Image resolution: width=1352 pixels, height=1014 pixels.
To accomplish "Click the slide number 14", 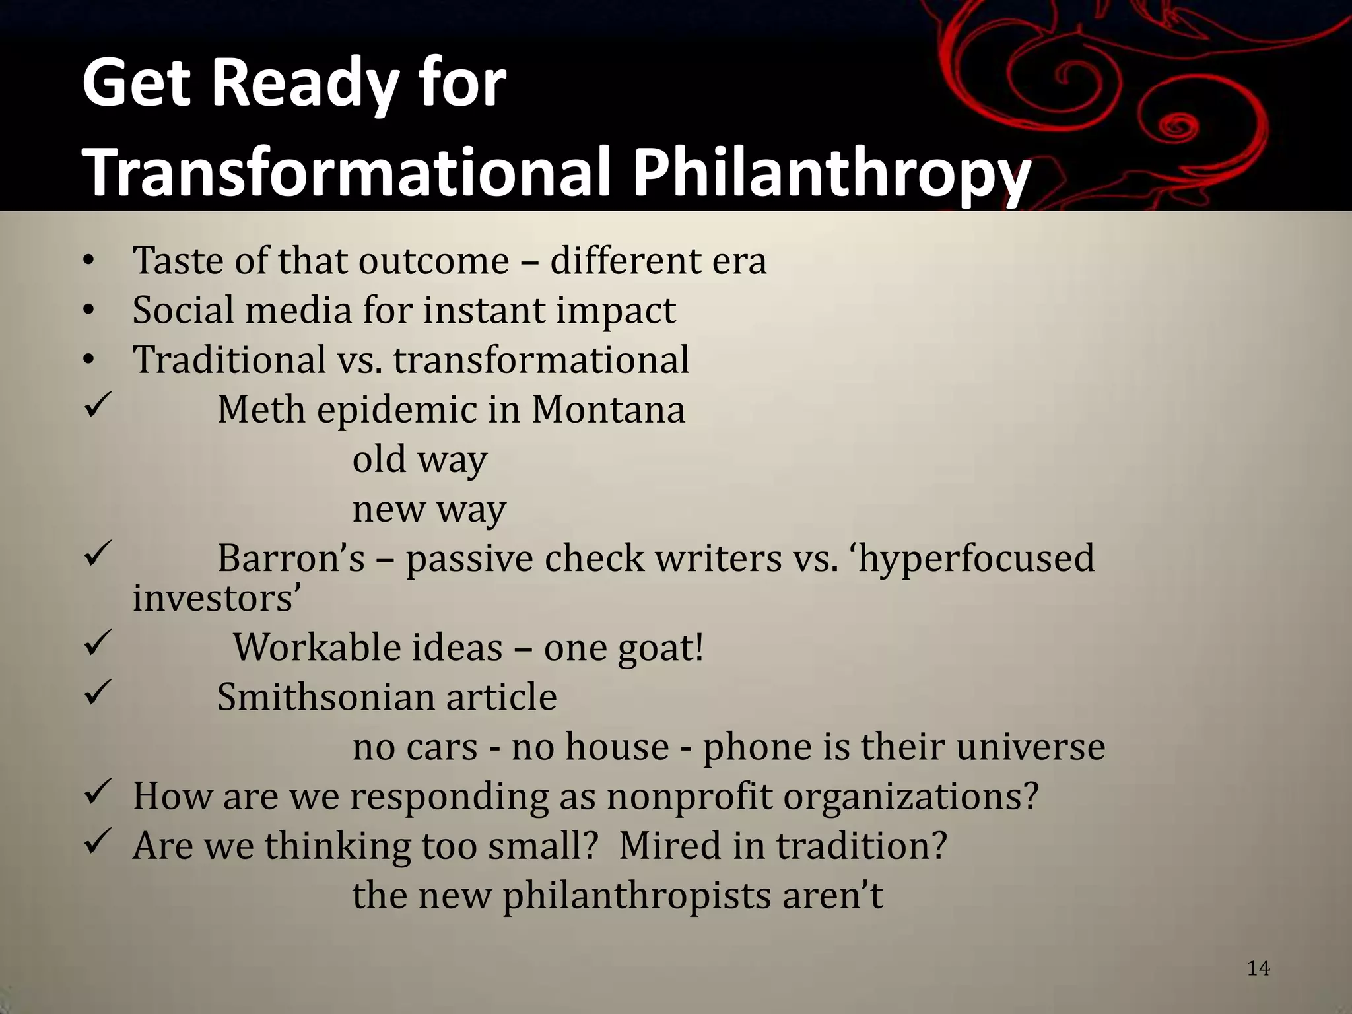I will (1258, 968).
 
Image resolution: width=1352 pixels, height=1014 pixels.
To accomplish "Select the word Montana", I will (608, 409).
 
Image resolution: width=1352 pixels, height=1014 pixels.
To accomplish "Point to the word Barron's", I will (290, 558).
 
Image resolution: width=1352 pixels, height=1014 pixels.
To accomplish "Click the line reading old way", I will (419, 459).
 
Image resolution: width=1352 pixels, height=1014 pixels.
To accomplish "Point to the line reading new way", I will (428, 509).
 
